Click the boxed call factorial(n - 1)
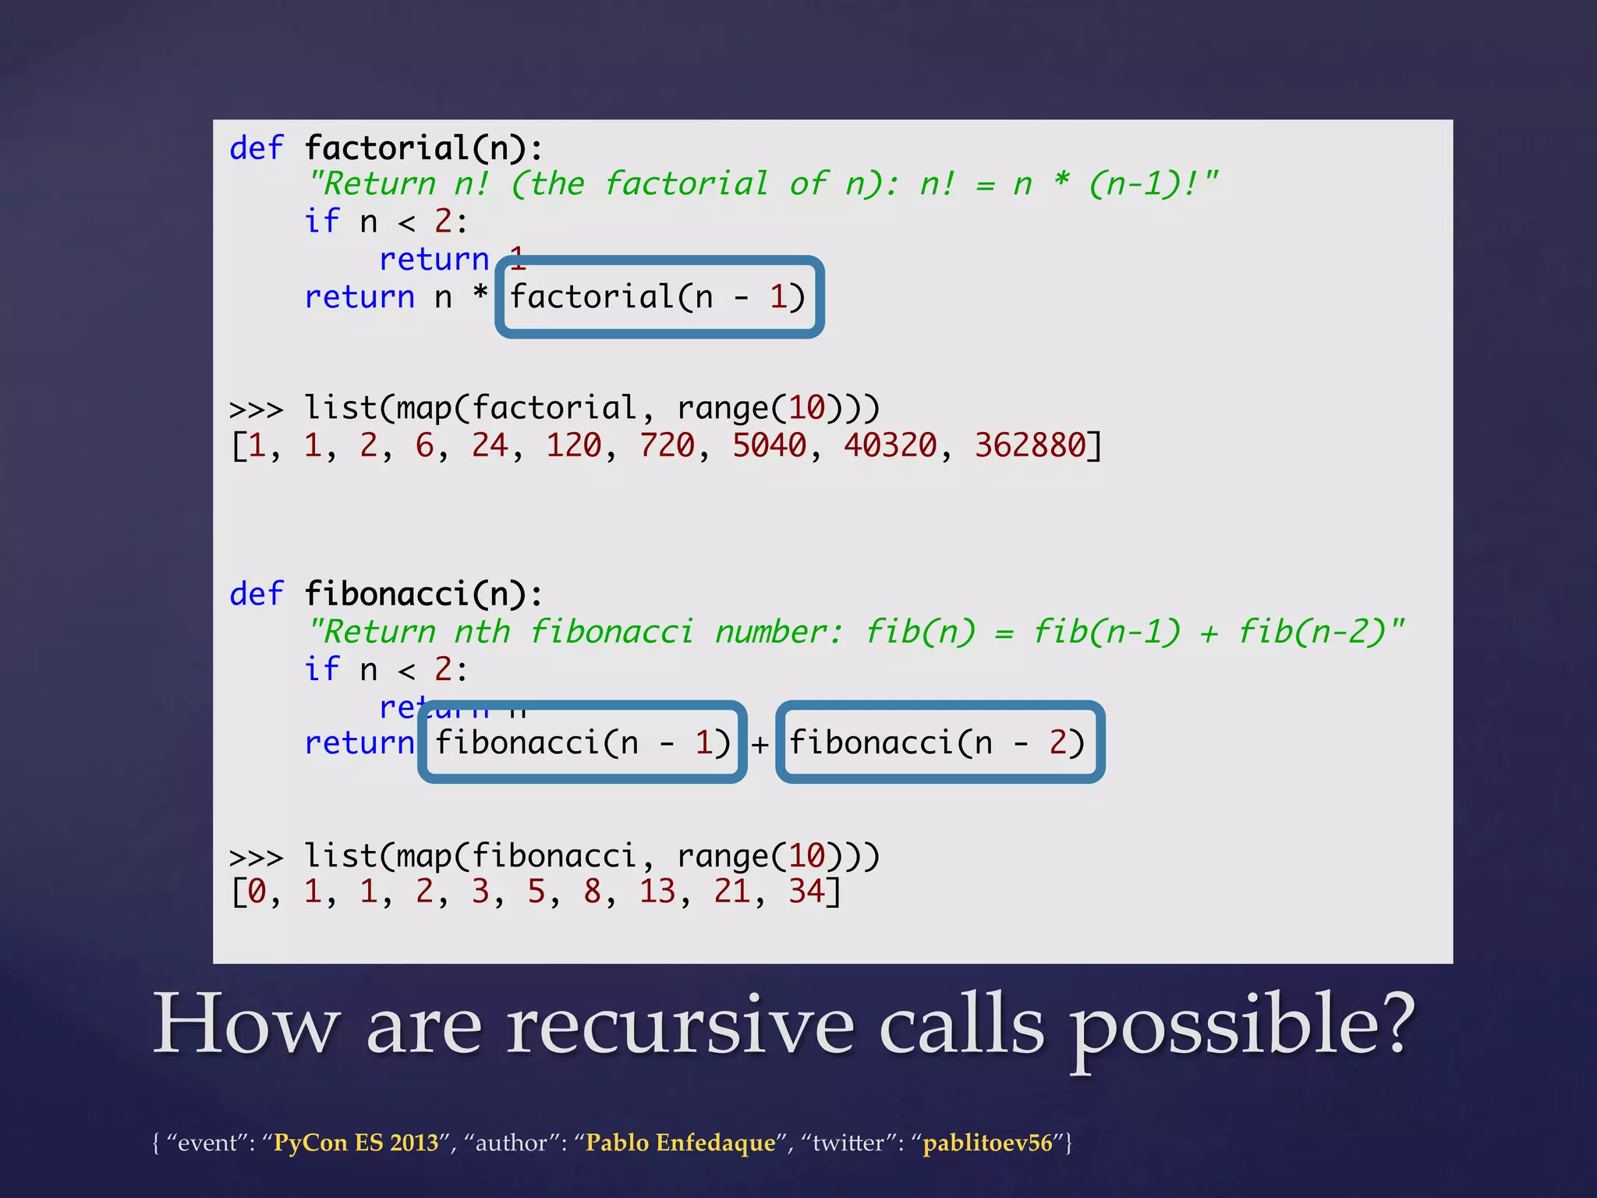click(x=659, y=297)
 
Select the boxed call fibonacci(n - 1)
click(x=582, y=743)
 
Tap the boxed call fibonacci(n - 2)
click(x=939, y=743)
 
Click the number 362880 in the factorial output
click(x=1030, y=445)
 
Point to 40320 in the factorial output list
click(x=890, y=445)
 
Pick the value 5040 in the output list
click(x=769, y=445)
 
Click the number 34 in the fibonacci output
click(x=806, y=891)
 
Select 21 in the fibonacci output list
click(x=731, y=891)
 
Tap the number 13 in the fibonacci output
click(x=657, y=891)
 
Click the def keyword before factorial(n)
click(x=257, y=148)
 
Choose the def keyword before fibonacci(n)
click(x=257, y=594)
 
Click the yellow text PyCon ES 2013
click(x=356, y=1143)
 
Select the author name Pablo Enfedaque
click(x=681, y=1143)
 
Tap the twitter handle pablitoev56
click(x=987, y=1143)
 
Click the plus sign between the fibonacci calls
click(x=760, y=745)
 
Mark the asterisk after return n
click(x=480, y=294)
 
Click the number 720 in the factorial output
click(x=667, y=445)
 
